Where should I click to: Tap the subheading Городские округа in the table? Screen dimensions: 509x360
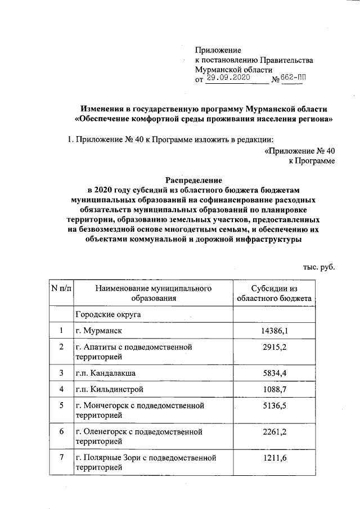point(107,314)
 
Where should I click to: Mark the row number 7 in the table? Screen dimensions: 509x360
point(61,459)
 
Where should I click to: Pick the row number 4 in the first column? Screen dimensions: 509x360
point(61,389)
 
